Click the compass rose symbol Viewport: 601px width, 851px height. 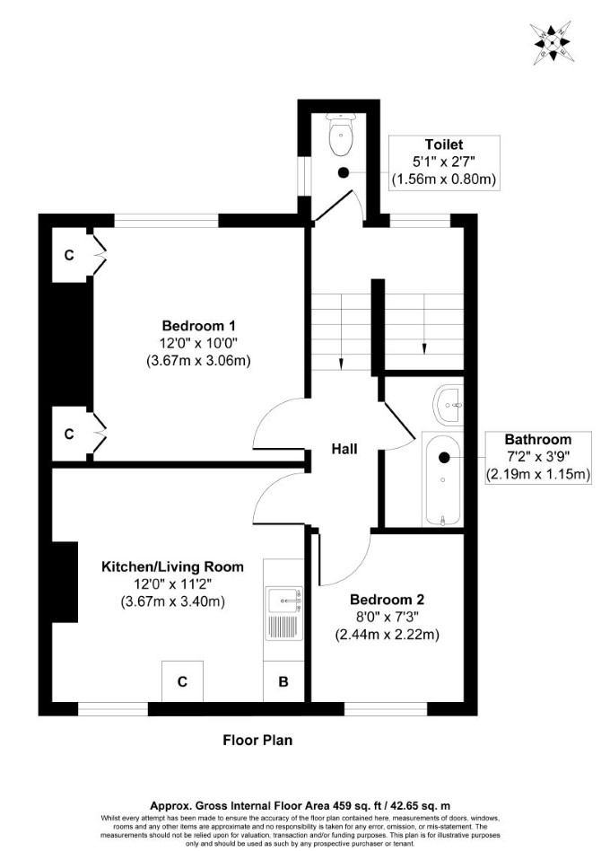pyautogui.click(x=553, y=43)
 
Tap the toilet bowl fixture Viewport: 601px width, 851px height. pyautogui.click(x=341, y=133)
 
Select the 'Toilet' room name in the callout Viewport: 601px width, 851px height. pyautogui.click(x=444, y=145)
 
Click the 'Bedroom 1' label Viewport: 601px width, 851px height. pyautogui.click(x=198, y=326)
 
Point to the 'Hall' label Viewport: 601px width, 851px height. pyautogui.click(x=344, y=449)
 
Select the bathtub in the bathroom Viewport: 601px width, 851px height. pyautogui.click(x=442, y=479)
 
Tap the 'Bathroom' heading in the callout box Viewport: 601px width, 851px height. pyautogui.click(x=538, y=439)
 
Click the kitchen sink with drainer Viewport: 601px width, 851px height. pyautogui.click(x=283, y=613)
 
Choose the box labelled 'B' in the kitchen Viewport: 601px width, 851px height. pyautogui.click(x=283, y=681)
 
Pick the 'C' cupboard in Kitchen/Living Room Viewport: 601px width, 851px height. pyautogui.click(x=182, y=681)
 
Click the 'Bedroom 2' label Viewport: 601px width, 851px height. pyautogui.click(x=388, y=600)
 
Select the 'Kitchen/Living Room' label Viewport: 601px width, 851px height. pyautogui.click(x=172, y=566)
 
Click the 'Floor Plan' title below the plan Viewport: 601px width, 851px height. pyautogui.click(x=257, y=740)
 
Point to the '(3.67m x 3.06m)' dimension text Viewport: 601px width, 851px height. pyautogui.click(x=198, y=361)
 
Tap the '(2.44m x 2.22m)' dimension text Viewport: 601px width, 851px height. pyautogui.click(x=388, y=635)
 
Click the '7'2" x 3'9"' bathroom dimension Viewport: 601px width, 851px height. pyautogui.click(x=538, y=456)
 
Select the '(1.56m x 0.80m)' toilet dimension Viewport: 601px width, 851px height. pyautogui.click(x=444, y=180)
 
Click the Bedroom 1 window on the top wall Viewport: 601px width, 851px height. pyautogui.click(x=166, y=220)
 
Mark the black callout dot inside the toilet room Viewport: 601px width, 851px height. pyautogui.click(x=343, y=172)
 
